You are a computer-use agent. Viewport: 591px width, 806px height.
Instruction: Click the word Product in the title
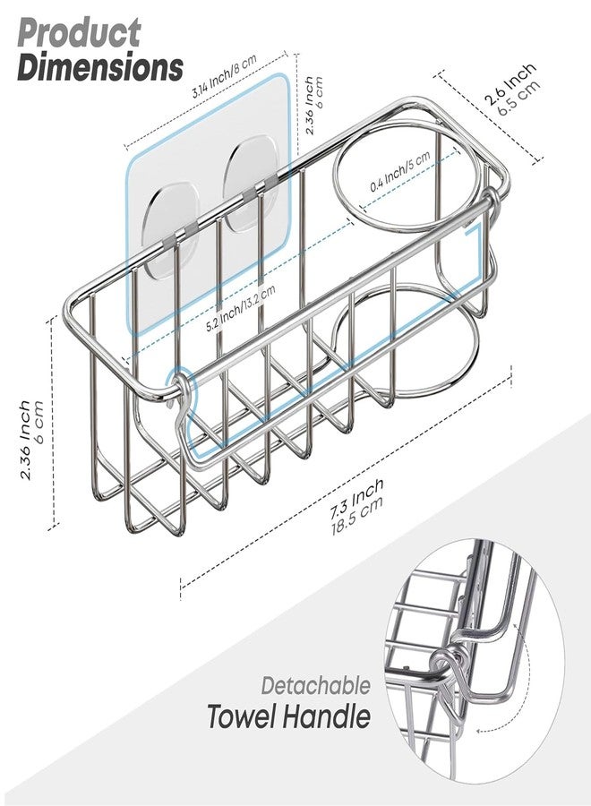(x=79, y=33)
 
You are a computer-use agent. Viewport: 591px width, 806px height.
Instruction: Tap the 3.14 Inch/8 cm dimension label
(x=224, y=77)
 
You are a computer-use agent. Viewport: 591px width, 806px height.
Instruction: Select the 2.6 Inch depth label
(x=510, y=84)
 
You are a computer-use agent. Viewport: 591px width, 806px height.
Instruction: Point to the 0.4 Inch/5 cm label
(x=400, y=172)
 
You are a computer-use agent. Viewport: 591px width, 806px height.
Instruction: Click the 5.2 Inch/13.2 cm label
(x=240, y=307)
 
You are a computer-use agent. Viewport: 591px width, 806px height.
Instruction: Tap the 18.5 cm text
(x=358, y=516)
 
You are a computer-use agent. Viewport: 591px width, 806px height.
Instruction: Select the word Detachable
(x=315, y=686)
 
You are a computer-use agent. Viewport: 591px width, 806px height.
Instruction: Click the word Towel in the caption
(x=241, y=716)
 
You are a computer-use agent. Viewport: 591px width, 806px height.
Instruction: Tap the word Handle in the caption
(x=326, y=716)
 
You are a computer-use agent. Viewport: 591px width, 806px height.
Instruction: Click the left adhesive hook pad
(x=170, y=222)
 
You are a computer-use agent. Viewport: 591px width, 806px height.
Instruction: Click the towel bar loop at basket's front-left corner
(x=178, y=390)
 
